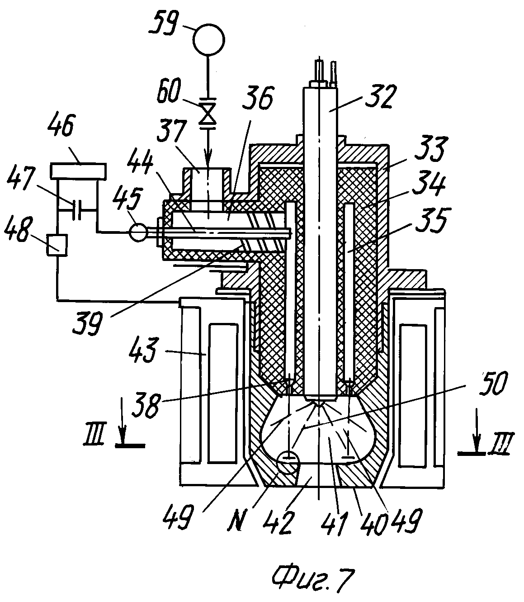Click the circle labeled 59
pos(208,39)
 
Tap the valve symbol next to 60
pos(208,113)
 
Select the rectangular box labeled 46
pos(79,171)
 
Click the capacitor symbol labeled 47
pos(77,209)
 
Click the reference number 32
pos(380,96)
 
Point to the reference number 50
pos(493,383)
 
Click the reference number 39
pos(88,323)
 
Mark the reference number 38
pos(146,405)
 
